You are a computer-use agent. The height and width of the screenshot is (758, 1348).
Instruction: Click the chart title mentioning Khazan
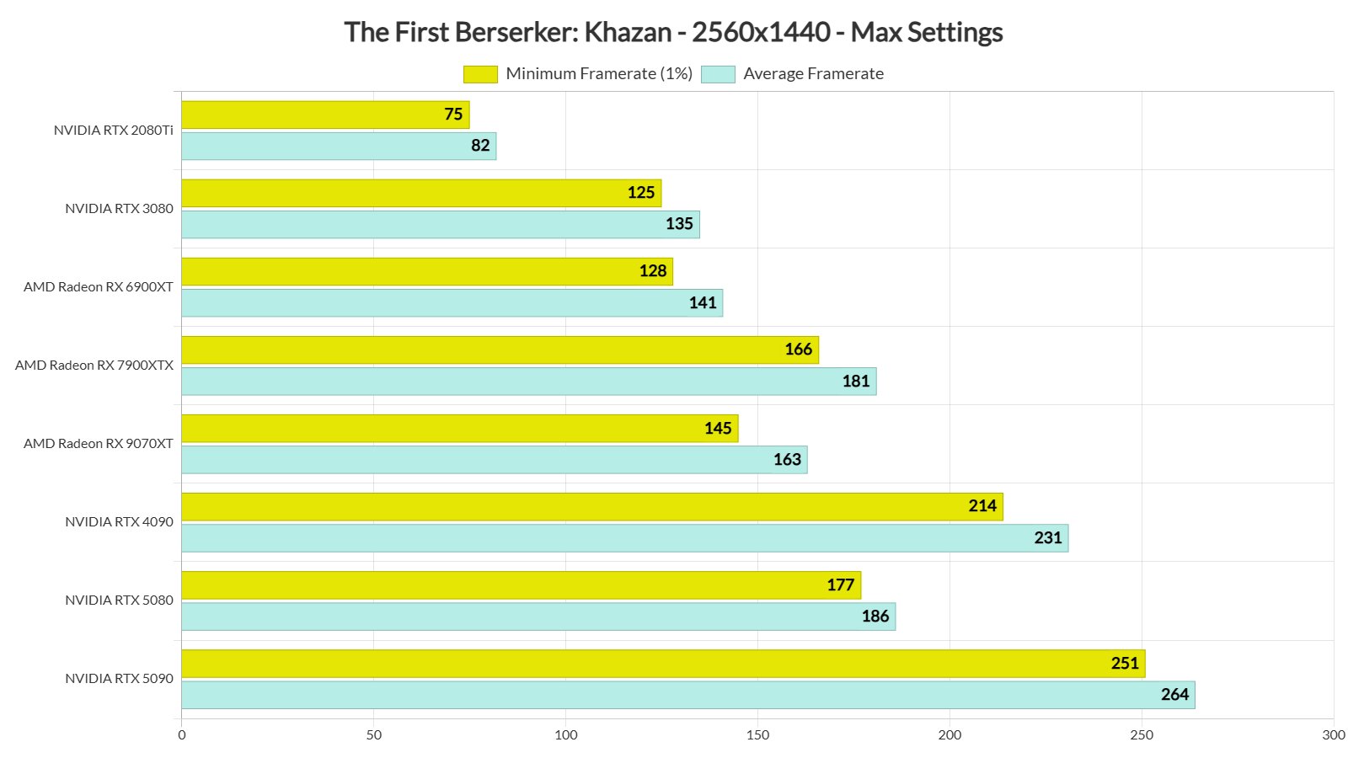click(x=673, y=32)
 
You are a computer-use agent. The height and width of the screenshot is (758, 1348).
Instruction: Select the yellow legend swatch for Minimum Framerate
click(x=480, y=74)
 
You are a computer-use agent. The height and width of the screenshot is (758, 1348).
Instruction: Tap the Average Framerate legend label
click(x=813, y=74)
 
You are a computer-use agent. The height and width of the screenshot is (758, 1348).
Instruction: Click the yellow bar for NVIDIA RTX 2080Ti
click(x=324, y=115)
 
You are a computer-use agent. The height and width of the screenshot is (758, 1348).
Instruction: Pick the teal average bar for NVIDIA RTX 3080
click(x=440, y=224)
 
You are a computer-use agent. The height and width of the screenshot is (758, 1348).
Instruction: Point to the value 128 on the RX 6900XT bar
click(x=653, y=271)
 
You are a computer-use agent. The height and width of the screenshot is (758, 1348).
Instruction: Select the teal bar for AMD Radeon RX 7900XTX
click(x=528, y=382)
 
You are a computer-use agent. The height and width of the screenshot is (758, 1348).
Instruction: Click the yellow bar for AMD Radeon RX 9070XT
click(x=459, y=428)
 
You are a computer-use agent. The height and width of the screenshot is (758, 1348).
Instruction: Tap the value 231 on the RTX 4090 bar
click(x=1048, y=538)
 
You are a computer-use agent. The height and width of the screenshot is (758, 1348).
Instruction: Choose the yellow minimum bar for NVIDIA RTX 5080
click(x=521, y=585)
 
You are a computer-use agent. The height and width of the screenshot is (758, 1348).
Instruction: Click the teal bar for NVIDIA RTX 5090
click(x=687, y=695)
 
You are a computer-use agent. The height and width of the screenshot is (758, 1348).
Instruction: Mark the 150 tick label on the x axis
click(x=757, y=735)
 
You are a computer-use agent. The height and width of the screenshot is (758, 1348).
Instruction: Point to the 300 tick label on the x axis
click(x=1334, y=735)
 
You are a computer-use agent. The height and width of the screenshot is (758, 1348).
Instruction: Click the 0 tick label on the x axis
click(x=182, y=735)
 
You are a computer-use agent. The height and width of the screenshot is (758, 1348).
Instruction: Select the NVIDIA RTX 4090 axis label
click(x=119, y=522)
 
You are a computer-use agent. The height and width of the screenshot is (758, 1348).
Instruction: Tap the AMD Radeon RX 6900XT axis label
click(x=99, y=287)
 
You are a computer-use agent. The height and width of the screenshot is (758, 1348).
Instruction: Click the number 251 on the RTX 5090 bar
click(x=1125, y=664)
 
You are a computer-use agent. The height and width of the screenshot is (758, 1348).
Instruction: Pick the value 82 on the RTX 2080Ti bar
click(x=480, y=146)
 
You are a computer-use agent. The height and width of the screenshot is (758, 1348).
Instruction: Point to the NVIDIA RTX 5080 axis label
click(x=119, y=601)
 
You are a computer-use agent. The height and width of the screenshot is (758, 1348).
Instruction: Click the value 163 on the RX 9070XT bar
click(x=787, y=460)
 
